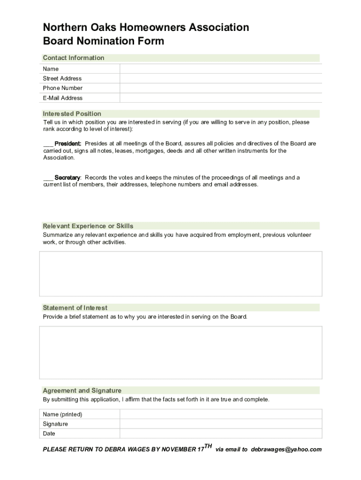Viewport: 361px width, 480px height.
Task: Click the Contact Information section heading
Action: (x=74, y=58)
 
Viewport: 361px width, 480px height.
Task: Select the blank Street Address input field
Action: (x=220, y=78)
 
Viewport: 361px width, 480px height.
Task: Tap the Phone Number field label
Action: (x=62, y=88)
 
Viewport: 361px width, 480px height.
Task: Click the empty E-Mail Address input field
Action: (x=220, y=98)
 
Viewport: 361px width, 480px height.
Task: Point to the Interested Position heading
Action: (x=72, y=113)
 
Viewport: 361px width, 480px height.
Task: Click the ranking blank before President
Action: (x=48, y=144)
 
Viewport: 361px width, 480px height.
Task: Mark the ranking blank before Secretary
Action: (x=48, y=178)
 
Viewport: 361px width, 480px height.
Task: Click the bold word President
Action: (x=68, y=143)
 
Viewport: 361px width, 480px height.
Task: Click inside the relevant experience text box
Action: (x=180, y=274)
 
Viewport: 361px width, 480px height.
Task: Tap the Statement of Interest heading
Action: (x=75, y=308)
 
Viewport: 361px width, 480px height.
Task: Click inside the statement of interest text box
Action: (x=180, y=352)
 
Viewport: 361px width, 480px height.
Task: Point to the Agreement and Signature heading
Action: (x=82, y=390)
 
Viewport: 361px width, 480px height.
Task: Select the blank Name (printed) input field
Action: (x=220, y=414)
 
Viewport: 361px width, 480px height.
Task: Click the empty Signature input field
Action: (x=220, y=424)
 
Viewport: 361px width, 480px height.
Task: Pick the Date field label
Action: (x=49, y=434)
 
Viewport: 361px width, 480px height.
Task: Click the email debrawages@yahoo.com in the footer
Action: (x=286, y=450)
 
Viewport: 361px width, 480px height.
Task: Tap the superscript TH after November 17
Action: (x=208, y=446)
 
